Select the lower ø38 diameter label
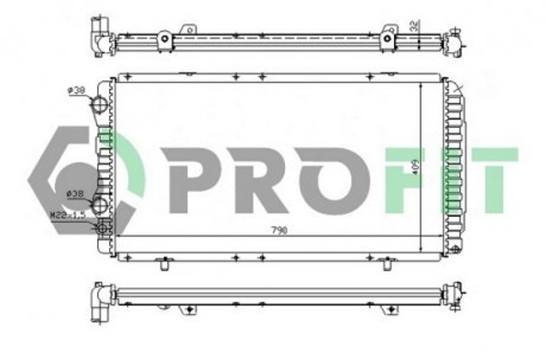[75, 195]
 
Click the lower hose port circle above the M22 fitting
[102, 205]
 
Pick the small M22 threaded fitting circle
[104, 227]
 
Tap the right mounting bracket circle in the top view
[389, 39]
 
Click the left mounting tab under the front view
[161, 264]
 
